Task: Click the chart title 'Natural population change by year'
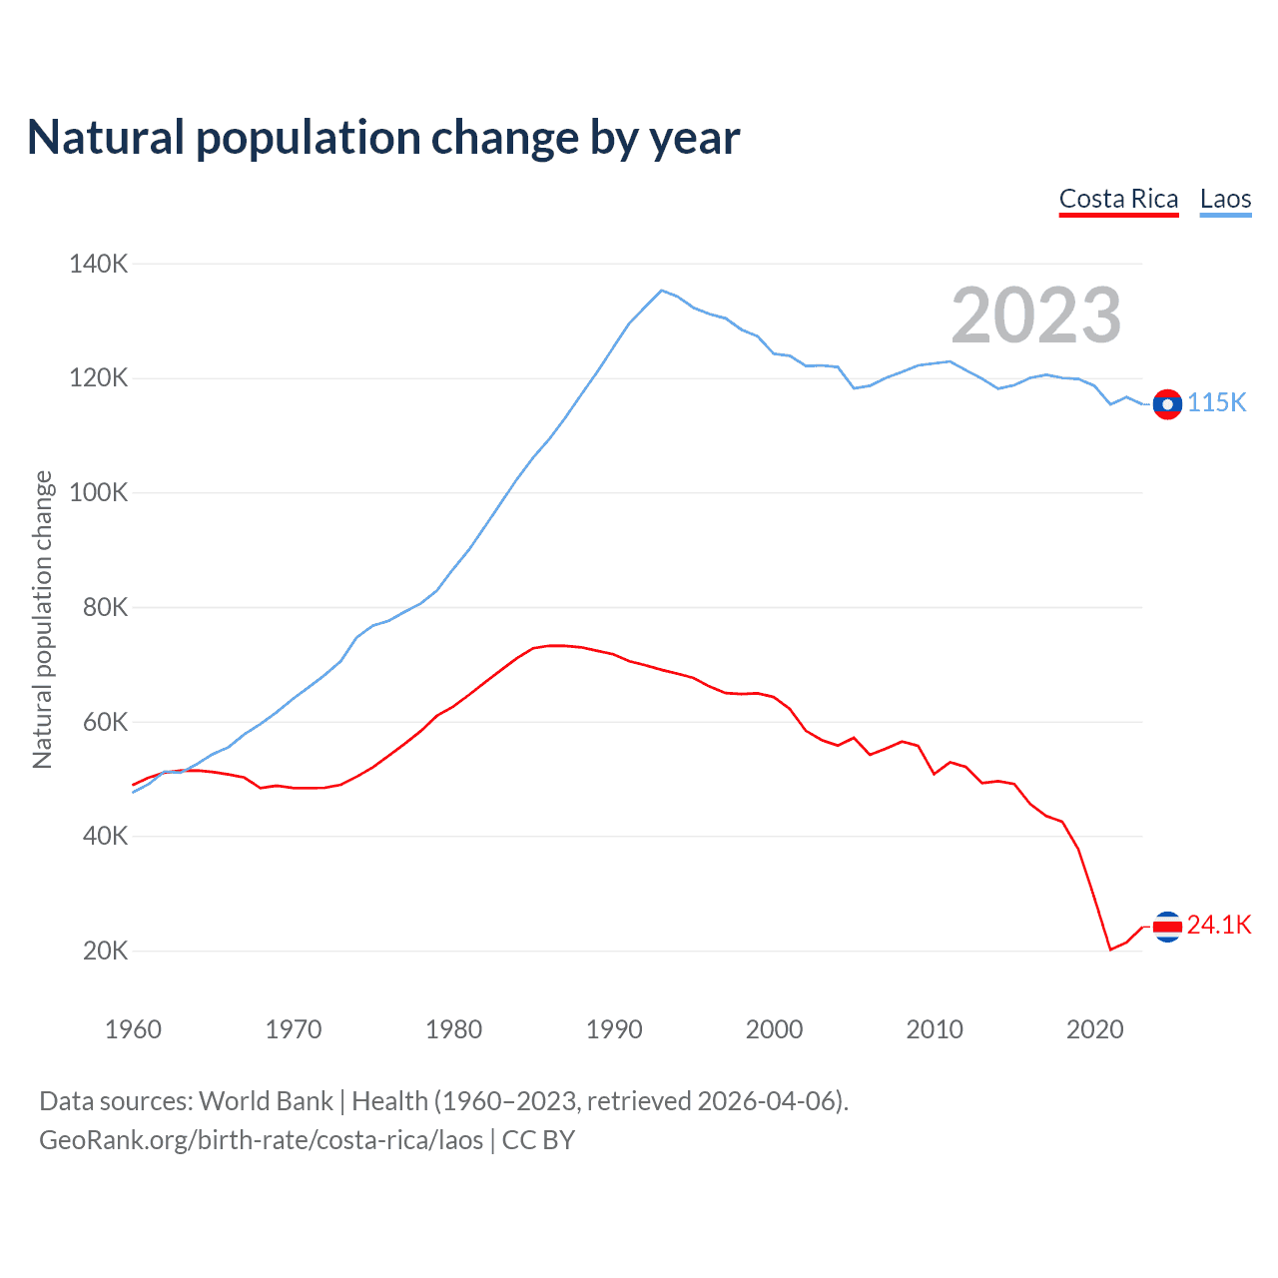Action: pyautogui.click(x=383, y=138)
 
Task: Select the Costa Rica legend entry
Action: pyautogui.click(x=1118, y=199)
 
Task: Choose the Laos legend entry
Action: pyautogui.click(x=1225, y=199)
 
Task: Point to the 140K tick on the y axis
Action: pyautogui.click(x=98, y=264)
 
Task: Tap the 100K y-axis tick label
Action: pyautogui.click(x=98, y=492)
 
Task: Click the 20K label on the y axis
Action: pyautogui.click(x=105, y=951)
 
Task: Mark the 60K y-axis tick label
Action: pyautogui.click(x=105, y=722)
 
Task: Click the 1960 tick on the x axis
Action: pyautogui.click(x=133, y=1029)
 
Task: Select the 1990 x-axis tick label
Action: pyautogui.click(x=614, y=1029)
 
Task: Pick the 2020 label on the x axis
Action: pyautogui.click(x=1095, y=1029)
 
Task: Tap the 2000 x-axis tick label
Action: pyautogui.click(x=774, y=1029)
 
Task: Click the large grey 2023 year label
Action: pyautogui.click(x=1035, y=316)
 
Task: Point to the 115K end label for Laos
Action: pyautogui.click(x=1216, y=402)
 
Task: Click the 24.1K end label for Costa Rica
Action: pyautogui.click(x=1218, y=926)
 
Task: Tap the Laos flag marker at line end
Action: pyautogui.click(x=1167, y=404)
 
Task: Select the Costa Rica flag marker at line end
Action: pyautogui.click(x=1167, y=927)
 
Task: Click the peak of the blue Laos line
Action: pyautogui.click(x=661, y=291)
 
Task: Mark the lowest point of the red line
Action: pyautogui.click(x=1110, y=950)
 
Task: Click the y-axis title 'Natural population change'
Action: pyautogui.click(x=42, y=619)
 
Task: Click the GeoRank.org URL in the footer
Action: pyautogui.click(x=261, y=1140)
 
